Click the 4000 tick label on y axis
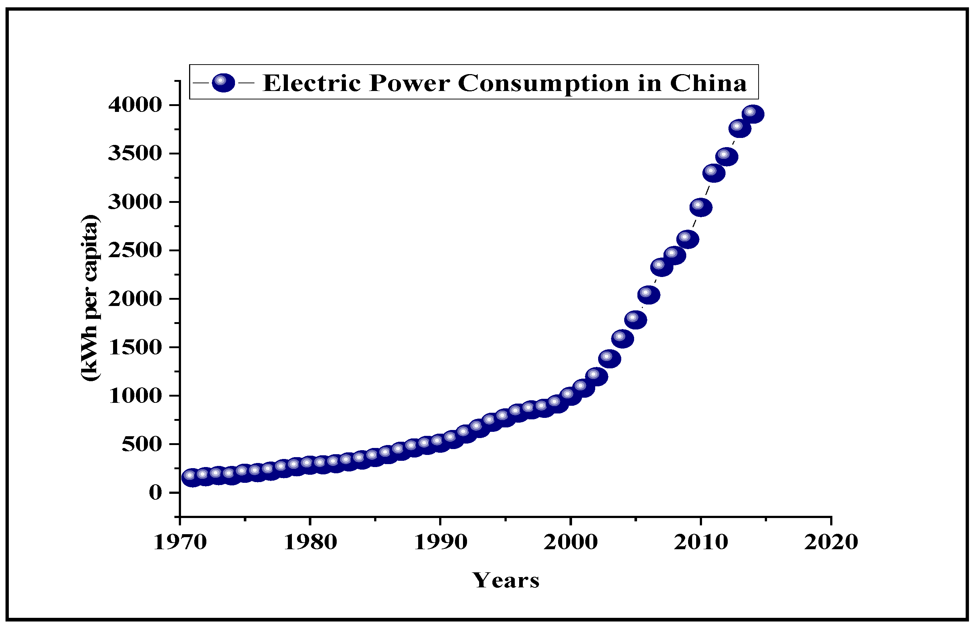[135, 105]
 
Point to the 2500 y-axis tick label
[135, 250]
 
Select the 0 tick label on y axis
[156, 493]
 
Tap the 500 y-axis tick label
[142, 444]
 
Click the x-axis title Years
[506, 580]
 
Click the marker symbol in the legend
[223, 83]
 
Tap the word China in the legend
[708, 83]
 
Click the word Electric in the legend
[312, 83]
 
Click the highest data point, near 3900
[753, 114]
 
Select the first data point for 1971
[192, 478]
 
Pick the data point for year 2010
[701, 207]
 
